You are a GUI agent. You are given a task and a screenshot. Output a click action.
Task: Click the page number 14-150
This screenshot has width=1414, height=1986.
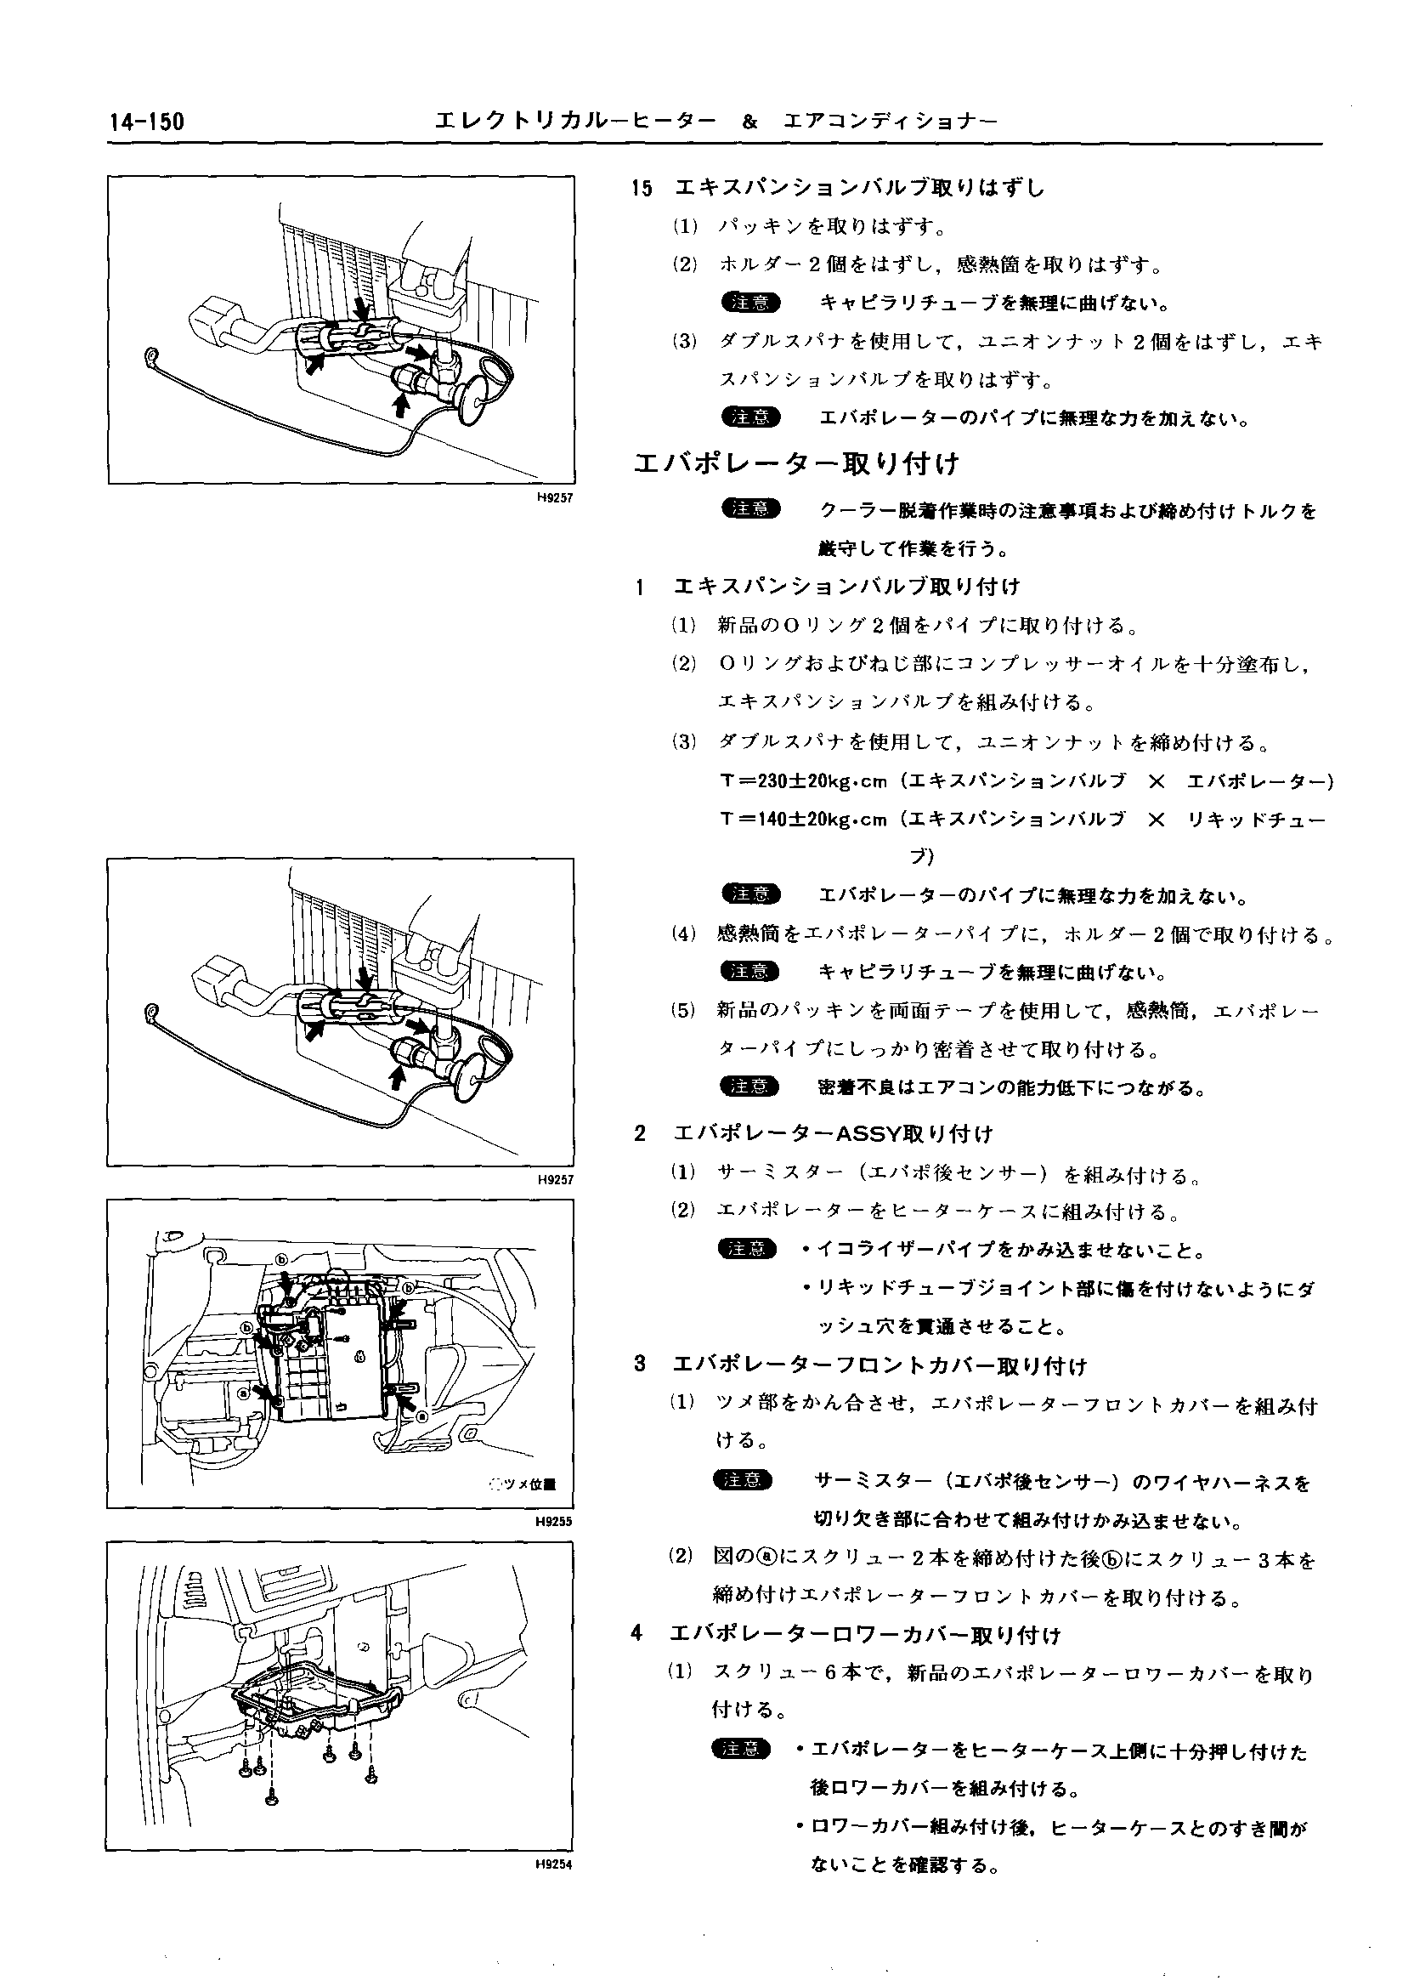pyautogui.click(x=147, y=122)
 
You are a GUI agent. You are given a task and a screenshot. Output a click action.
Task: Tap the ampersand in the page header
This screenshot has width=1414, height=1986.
pyautogui.click(x=750, y=122)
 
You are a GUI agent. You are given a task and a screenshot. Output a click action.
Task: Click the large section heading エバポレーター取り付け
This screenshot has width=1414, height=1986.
pyautogui.click(x=796, y=463)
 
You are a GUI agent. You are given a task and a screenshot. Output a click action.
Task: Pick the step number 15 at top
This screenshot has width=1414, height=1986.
pyautogui.click(x=642, y=187)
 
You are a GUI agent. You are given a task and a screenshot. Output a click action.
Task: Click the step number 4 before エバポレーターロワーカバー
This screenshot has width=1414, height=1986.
pyautogui.click(x=637, y=1634)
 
